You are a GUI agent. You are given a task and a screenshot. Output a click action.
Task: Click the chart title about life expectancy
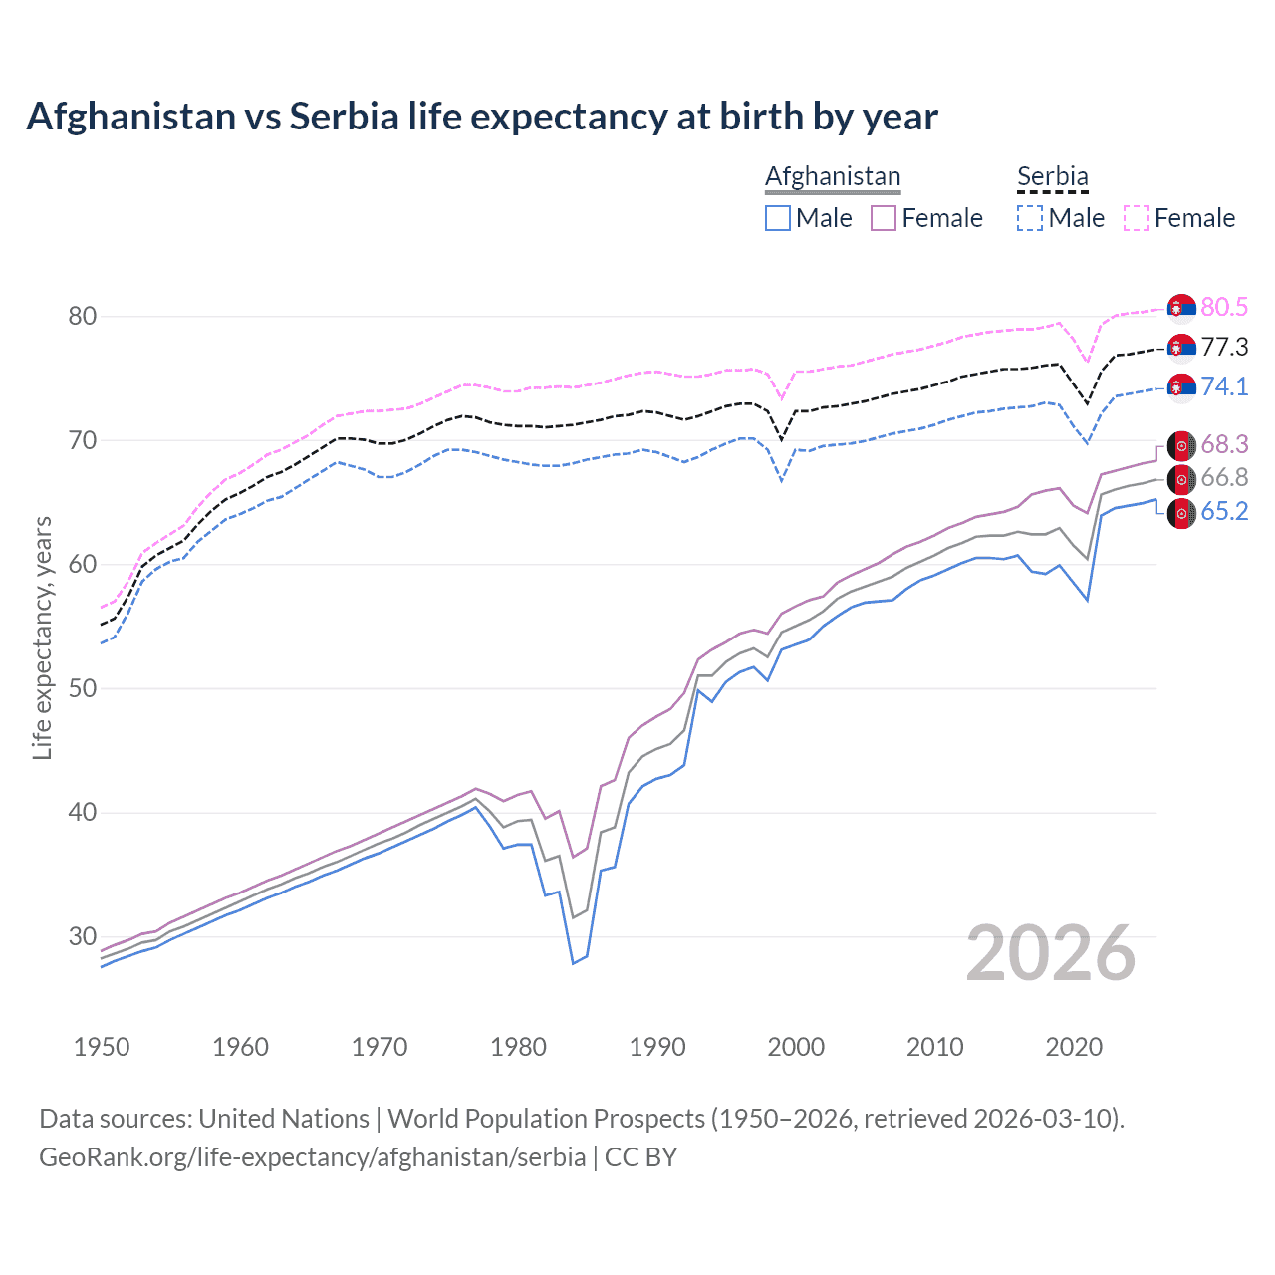point(482,117)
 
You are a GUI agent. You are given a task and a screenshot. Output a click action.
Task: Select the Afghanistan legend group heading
point(833,176)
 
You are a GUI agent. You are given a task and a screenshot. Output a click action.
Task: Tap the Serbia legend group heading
point(1052,176)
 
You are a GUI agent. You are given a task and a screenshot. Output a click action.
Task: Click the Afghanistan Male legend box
point(778,218)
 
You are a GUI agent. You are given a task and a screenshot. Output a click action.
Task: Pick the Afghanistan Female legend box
point(884,218)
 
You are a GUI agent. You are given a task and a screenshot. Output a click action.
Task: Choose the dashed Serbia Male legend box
point(1030,218)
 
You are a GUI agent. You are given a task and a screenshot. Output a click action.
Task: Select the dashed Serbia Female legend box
point(1136,218)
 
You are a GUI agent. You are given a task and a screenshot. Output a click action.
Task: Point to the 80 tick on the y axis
point(83,317)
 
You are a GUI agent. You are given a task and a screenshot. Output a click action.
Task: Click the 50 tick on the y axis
point(83,688)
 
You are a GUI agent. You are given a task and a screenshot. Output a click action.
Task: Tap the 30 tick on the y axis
point(83,936)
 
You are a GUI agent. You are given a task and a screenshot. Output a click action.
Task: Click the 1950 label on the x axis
point(102,1047)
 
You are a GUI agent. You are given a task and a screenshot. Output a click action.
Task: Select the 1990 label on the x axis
point(657,1047)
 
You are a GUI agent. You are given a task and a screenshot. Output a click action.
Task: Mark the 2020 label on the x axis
point(1074,1047)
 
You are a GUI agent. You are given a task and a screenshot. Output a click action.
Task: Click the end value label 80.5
point(1224,308)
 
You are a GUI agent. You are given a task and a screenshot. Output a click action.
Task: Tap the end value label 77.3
point(1224,347)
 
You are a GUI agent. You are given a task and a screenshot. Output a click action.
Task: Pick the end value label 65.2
point(1224,512)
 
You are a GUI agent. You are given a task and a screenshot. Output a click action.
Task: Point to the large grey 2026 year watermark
point(1051,953)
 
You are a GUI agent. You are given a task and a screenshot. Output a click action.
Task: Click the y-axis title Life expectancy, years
point(43,637)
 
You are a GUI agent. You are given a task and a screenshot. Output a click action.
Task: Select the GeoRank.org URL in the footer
point(312,1157)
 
